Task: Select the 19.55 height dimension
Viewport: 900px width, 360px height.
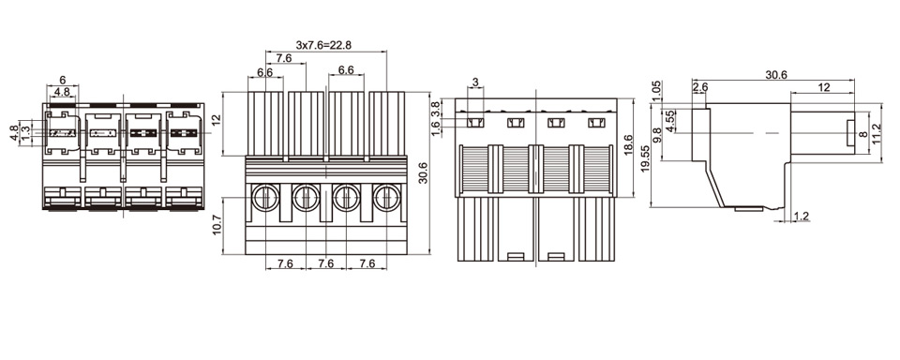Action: click(645, 158)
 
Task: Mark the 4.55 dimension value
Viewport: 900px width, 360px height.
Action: click(669, 121)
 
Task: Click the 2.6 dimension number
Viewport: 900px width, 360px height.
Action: click(700, 86)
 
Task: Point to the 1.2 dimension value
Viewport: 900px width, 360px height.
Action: click(801, 216)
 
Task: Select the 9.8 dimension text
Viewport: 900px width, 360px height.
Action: click(657, 136)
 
